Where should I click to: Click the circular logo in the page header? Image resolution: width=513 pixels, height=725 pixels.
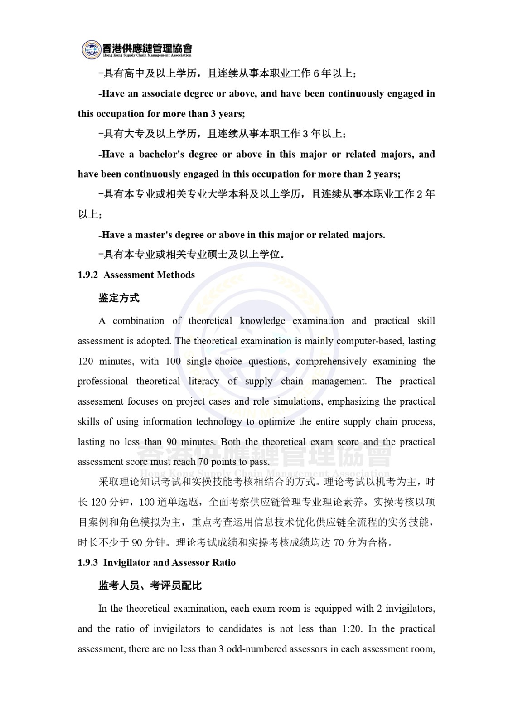[92, 50]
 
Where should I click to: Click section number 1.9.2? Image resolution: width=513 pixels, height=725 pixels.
[87, 275]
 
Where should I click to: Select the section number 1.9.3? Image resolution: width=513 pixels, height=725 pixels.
[87, 563]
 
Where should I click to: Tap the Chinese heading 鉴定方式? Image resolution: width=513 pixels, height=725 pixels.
[119, 298]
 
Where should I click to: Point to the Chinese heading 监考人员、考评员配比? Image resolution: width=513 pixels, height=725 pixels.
[150, 586]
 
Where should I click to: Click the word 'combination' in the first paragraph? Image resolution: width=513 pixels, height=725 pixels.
[138, 321]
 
